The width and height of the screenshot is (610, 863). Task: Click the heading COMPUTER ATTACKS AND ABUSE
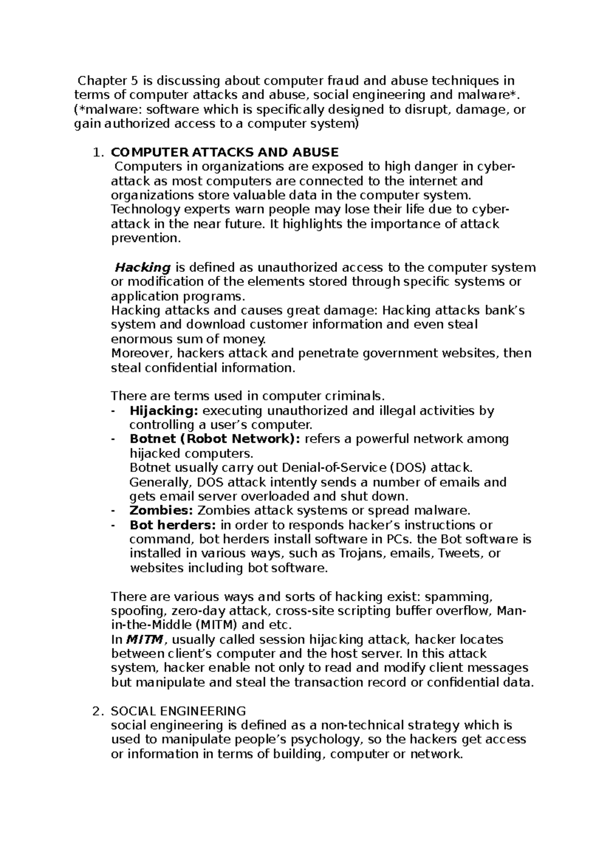[x=224, y=152]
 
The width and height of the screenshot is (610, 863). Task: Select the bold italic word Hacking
[x=142, y=267]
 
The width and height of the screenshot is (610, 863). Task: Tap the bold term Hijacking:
[x=165, y=411]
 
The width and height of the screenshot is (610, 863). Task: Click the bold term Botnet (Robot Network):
[x=215, y=439]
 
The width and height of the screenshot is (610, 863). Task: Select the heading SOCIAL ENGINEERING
[x=178, y=711]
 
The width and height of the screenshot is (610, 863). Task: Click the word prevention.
[x=145, y=239]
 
